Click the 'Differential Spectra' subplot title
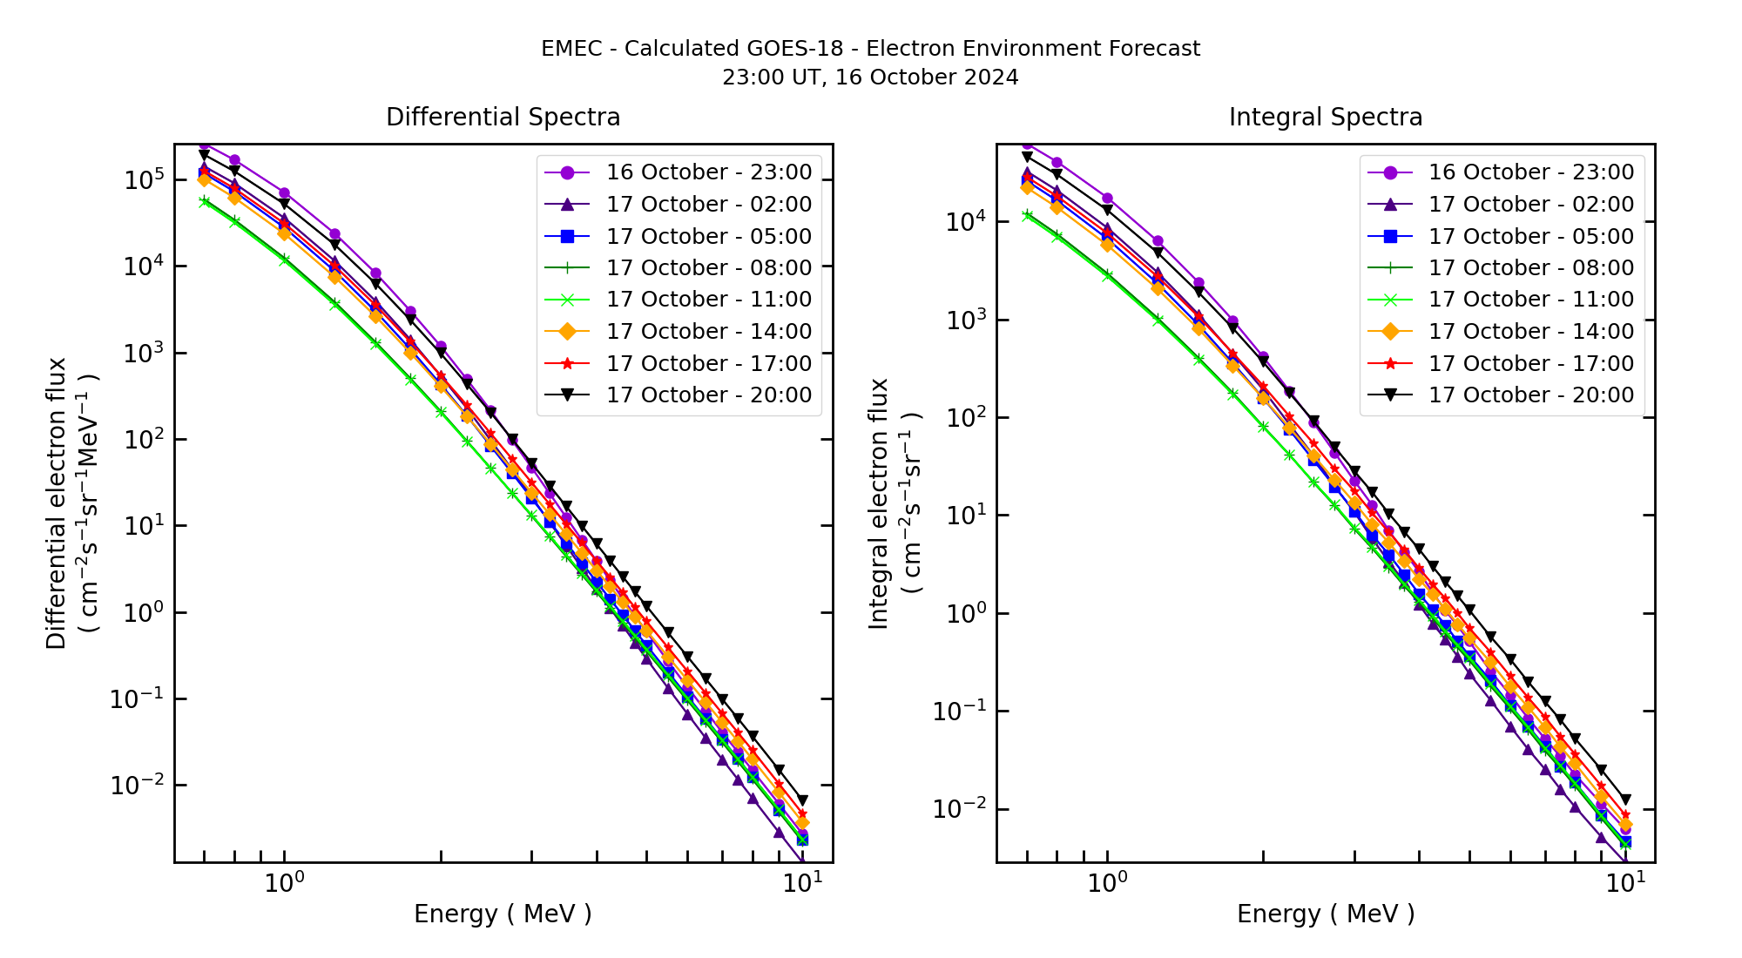click(x=503, y=118)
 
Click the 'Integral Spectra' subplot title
click(x=1325, y=118)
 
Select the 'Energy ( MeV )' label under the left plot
click(x=503, y=914)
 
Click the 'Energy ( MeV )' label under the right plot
click(x=1325, y=914)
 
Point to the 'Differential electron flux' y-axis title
click(x=57, y=503)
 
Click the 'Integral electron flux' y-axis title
click(x=879, y=503)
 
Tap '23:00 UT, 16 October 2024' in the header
click(x=870, y=78)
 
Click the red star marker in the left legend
click(x=567, y=364)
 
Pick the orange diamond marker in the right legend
click(x=1389, y=332)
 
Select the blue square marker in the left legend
click(x=567, y=236)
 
